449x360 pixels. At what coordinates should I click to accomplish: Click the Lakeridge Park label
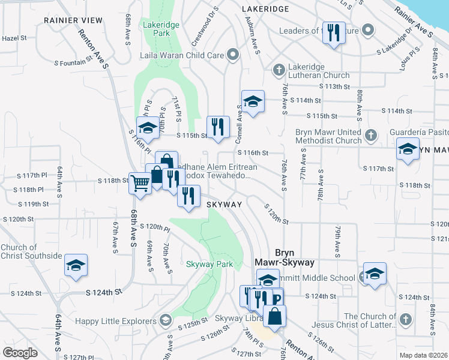(157, 29)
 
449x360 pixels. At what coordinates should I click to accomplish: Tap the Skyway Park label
(209, 264)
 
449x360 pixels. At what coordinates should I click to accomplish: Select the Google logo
(20, 353)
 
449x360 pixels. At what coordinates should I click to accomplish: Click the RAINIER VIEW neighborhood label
(73, 20)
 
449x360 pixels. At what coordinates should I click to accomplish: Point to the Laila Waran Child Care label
(181, 56)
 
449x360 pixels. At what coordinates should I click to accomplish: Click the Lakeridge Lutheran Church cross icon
(278, 70)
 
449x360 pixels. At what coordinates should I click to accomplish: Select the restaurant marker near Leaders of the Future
(333, 32)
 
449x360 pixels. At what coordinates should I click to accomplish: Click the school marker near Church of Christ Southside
(76, 265)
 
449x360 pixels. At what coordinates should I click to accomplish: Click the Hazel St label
(15, 38)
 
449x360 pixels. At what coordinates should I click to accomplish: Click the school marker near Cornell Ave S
(253, 101)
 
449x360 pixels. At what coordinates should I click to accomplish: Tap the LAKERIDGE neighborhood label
(265, 9)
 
